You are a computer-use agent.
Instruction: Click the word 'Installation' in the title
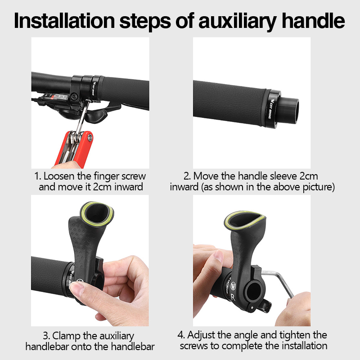pos(64,20)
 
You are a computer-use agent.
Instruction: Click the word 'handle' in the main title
pos(314,20)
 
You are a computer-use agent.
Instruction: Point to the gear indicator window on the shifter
pos(55,96)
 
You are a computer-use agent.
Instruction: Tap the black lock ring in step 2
pos(272,108)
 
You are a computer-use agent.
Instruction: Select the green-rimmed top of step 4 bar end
pos(245,220)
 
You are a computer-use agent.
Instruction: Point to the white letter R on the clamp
pos(233,297)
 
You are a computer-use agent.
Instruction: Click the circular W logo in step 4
pos(233,285)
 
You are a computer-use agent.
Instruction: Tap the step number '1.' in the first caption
pos(38,176)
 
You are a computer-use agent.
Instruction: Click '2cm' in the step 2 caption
pos(309,176)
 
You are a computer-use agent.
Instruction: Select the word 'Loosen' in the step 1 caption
pos(59,176)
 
